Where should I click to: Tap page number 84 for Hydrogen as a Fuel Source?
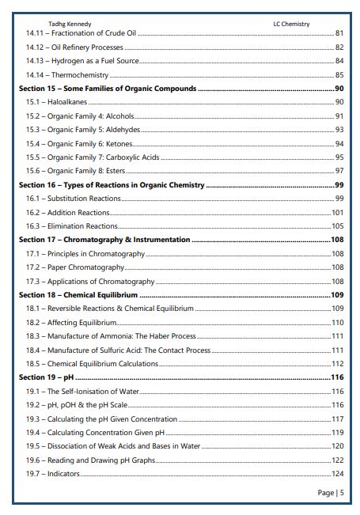tap(339, 61)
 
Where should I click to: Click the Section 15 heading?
tap(108, 89)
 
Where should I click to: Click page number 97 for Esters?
tap(339, 171)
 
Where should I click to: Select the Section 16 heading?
tap(112, 185)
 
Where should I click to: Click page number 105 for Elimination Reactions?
tap(337, 226)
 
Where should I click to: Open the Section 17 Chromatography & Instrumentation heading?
tap(104, 240)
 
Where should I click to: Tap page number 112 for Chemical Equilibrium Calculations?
tap(337, 364)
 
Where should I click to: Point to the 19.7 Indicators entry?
tap(53, 474)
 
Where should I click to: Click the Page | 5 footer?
tap(330, 493)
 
